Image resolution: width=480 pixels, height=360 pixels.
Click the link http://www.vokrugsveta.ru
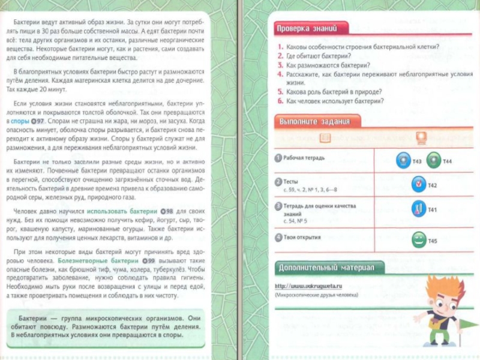308,286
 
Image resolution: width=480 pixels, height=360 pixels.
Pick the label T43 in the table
417,161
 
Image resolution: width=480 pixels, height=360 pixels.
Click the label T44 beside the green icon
448,161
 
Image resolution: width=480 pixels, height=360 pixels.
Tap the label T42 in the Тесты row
432,185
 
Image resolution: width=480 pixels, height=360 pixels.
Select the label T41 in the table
432,209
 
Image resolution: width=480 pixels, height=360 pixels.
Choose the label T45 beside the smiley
433,241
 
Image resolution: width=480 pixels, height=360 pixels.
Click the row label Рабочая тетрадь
304,158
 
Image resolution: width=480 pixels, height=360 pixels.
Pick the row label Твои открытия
302,237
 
